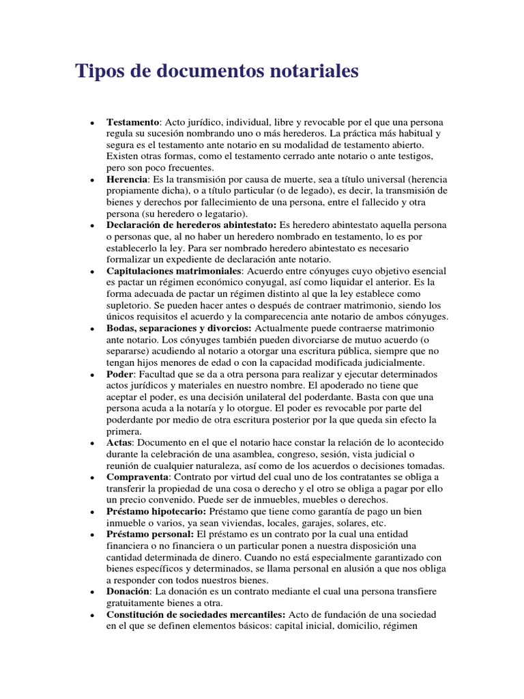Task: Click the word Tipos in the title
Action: coord(98,71)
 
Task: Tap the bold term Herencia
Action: coord(128,179)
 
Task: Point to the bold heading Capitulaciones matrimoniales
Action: coord(174,271)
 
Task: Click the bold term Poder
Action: coord(119,375)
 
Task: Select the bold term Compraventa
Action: coord(136,476)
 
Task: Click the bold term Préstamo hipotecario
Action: coord(156,511)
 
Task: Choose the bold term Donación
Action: coord(130,591)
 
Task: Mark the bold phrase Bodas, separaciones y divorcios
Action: coord(179,328)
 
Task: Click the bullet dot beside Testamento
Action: coord(91,123)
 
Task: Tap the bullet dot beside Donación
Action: coord(91,593)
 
